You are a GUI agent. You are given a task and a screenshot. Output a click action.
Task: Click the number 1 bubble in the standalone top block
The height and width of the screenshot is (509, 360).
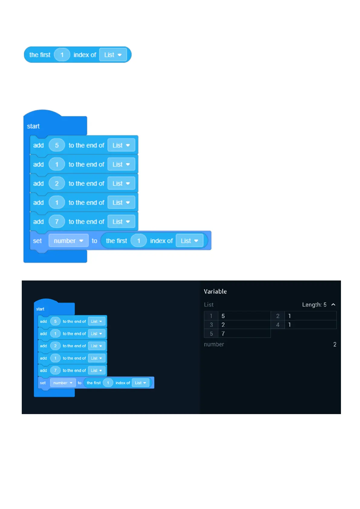tap(62, 55)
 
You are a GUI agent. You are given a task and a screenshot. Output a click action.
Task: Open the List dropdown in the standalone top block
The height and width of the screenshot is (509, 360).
tap(113, 55)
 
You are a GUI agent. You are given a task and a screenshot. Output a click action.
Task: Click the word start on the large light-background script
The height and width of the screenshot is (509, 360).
tap(33, 126)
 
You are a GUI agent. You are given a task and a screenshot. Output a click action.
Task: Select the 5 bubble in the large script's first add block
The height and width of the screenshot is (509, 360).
tap(57, 145)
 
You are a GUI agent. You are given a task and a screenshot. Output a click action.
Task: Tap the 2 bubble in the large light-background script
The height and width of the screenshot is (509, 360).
tap(57, 183)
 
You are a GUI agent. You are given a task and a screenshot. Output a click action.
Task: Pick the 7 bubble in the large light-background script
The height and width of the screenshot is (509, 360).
tap(57, 222)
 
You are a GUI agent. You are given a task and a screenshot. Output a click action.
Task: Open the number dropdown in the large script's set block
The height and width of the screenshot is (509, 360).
tap(68, 241)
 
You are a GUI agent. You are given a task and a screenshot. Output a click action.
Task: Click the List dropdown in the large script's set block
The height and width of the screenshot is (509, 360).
tap(189, 241)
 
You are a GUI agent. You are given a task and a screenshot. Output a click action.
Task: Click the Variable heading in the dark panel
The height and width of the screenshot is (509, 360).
tap(215, 291)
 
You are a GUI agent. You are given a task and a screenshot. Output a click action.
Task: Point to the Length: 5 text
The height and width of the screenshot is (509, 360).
tap(314, 305)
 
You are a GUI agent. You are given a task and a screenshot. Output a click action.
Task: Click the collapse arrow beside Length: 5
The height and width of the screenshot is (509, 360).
tap(333, 305)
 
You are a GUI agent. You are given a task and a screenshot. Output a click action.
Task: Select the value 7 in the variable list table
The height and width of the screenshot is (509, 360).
tap(223, 334)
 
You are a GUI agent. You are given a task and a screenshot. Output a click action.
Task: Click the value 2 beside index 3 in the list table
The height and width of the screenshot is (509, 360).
tap(223, 325)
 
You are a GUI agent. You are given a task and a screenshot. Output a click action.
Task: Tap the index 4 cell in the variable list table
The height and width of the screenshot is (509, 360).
tap(277, 325)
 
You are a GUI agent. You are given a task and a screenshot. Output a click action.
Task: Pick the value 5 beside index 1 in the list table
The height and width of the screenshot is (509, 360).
tap(223, 316)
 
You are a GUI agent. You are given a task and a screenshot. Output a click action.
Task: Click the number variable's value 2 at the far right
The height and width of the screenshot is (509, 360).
tap(335, 344)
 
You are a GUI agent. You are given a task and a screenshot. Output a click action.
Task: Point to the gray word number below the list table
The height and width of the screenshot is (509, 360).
tap(214, 344)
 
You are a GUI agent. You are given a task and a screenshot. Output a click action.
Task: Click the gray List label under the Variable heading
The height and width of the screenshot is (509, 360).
tap(209, 305)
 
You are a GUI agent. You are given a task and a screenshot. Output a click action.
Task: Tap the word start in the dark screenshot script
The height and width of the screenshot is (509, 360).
tap(40, 309)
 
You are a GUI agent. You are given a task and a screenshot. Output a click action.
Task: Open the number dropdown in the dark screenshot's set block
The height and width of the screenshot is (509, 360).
tap(63, 383)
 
